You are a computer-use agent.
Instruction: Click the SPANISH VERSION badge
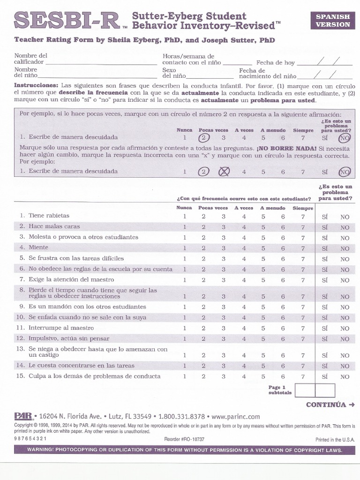click(x=332, y=20)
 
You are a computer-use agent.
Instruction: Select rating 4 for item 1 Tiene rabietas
click(x=244, y=217)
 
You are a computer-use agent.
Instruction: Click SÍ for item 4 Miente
click(x=324, y=248)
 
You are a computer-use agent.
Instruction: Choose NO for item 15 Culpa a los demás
click(x=345, y=377)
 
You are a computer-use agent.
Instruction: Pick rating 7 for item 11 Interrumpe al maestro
click(x=303, y=328)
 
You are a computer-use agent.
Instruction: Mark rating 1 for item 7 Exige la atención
click(x=185, y=280)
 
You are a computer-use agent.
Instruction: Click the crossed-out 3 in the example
click(x=224, y=172)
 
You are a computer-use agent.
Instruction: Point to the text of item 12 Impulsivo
click(x=69, y=338)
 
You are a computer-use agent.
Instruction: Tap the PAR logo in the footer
click(x=23, y=416)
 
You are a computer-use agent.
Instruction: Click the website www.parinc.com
click(x=235, y=416)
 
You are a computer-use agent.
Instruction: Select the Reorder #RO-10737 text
click(x=184, y=439)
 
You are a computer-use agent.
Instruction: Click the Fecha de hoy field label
click(x=275, y=62)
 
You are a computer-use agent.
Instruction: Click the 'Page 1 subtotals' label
click(x=280, y=390)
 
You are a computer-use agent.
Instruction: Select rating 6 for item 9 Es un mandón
click(x=283, y=307)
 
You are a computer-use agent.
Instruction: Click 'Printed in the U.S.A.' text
click(x=335, y=440)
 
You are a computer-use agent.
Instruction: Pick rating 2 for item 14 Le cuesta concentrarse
click(x=203, y=366)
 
